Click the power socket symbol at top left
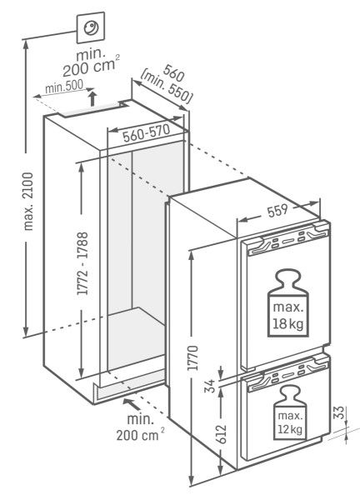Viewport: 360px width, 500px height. pos(90,30)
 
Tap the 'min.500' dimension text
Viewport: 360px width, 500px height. pos(62,87)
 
